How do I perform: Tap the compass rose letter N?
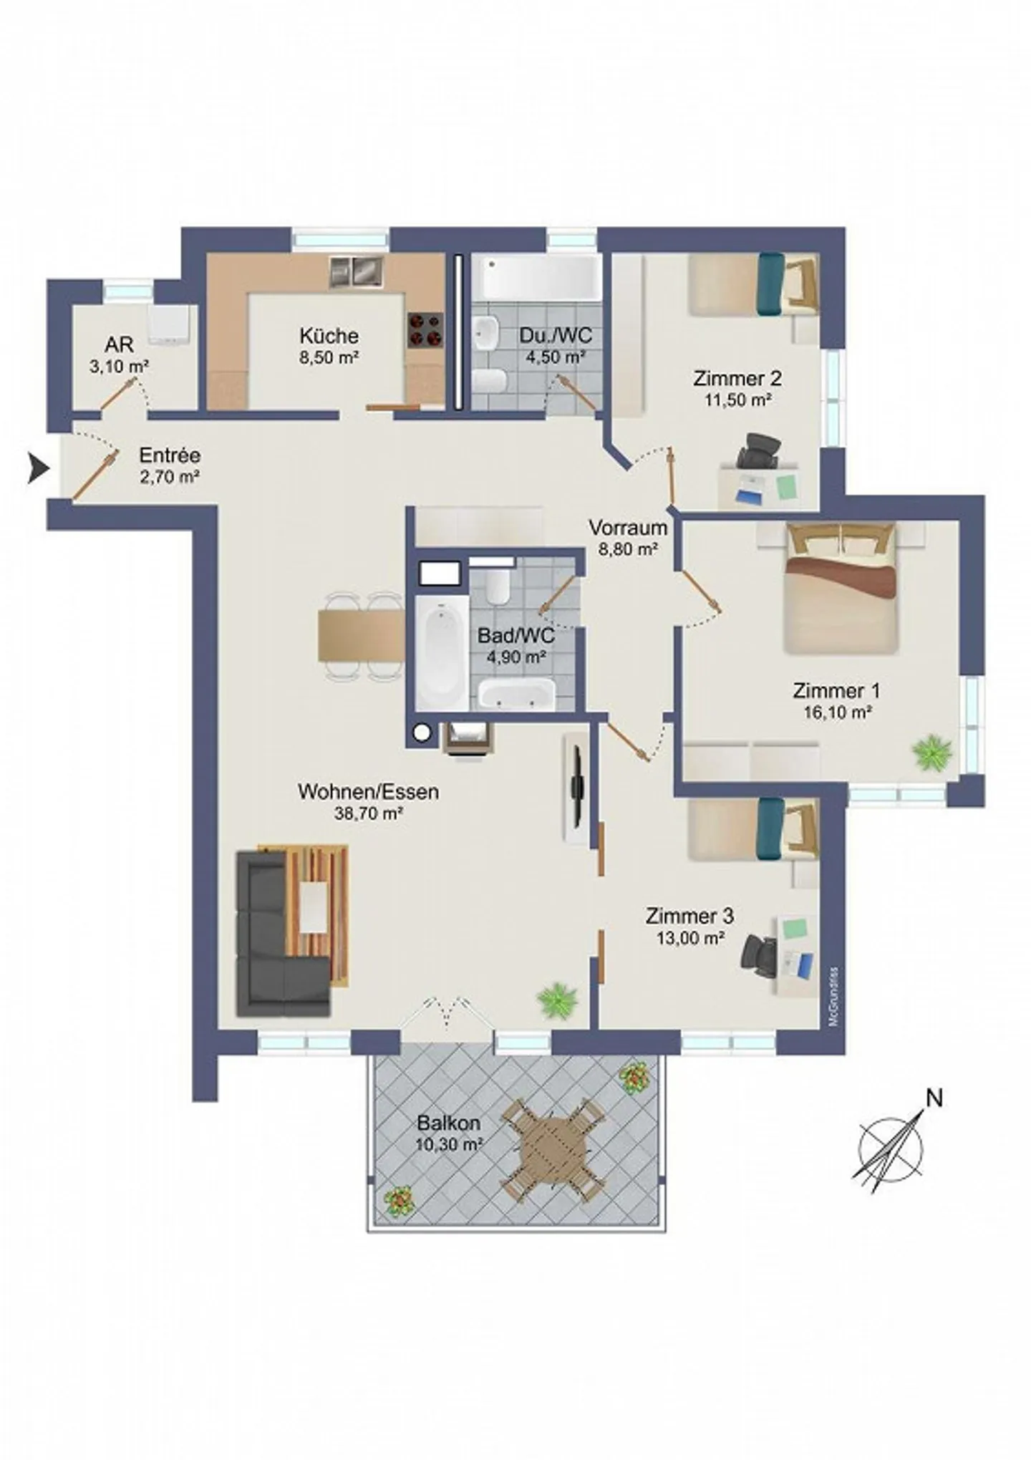tap(934, 1098)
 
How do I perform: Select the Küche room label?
tap(329, 335)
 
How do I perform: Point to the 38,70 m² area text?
tap(368, 813)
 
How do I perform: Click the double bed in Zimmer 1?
tap(841, 588)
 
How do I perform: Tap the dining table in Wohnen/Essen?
tap(362, 635)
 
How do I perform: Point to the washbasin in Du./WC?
tap(486, 332)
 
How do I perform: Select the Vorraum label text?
tap(628, 528)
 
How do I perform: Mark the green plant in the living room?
tap(557, 1000)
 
